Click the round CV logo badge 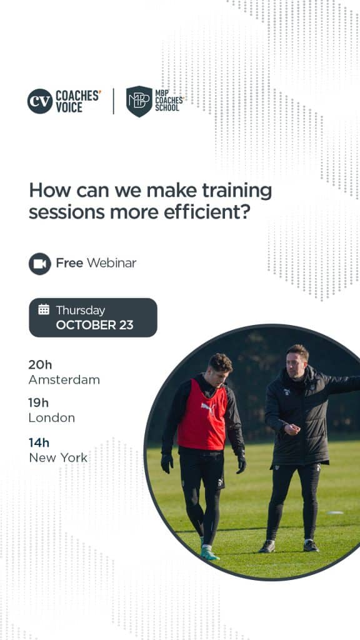click(x=40, y=101)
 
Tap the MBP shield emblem click(x=139, y=101)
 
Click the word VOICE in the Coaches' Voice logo click(x=69, y=107)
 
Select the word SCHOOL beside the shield click(x=167, y=108)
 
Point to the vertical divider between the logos click(x=113, y=101)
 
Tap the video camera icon click(x=40, y=264)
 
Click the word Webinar click(x=111, y=263)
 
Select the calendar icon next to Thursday click(x=44, y=309)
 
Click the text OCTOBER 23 click(x=94, y=325)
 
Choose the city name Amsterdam click(x=64, y=380)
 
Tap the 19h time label click(x=38, y=403)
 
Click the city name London click(x=51, y=418)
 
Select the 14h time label click(x=39, y=442)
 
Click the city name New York click(x=58, y=457)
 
